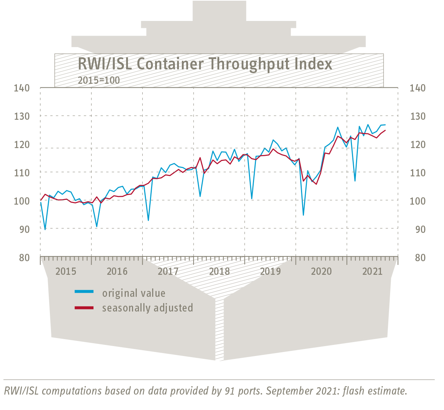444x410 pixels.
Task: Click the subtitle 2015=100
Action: coord(99,80)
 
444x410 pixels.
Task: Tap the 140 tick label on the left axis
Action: coord(22,88)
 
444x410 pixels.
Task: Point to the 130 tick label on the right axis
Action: coord(418,116)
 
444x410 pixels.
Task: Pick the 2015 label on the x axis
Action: coord(66,271)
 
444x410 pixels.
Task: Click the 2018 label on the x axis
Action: coord(219,271)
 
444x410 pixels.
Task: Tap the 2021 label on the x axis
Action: coord(372,271)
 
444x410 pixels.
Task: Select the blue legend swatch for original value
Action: coord(84,292)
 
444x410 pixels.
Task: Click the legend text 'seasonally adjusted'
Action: coord(147,307)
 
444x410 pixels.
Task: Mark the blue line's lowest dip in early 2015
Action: coord(45,230)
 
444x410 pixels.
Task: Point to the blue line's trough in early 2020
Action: coord(303,215)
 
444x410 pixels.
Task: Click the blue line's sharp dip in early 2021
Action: coord(355,181)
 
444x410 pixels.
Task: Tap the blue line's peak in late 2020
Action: coord(338,127)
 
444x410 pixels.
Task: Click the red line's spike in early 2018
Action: coord(200,158)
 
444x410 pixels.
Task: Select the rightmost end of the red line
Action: coord(385,130)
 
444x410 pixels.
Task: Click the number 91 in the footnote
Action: coord(228,391)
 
